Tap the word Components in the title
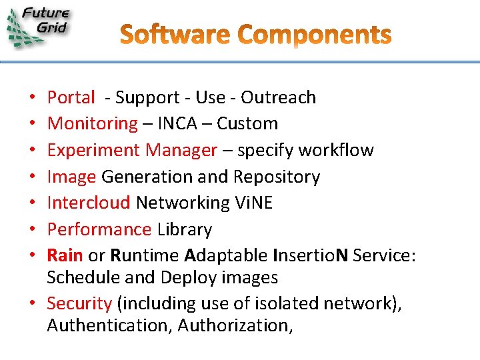coord(314,35)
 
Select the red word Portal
coord(71,97)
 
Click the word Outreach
coord(279,97)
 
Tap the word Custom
coord(247,124)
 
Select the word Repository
coord(277,177)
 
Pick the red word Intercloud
coord(89,203)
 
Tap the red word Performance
coord(99,229)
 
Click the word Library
coord(185,229)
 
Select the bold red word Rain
coord(65,255)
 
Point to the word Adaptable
coord(226,255)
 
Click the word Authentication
coord(109,326)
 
